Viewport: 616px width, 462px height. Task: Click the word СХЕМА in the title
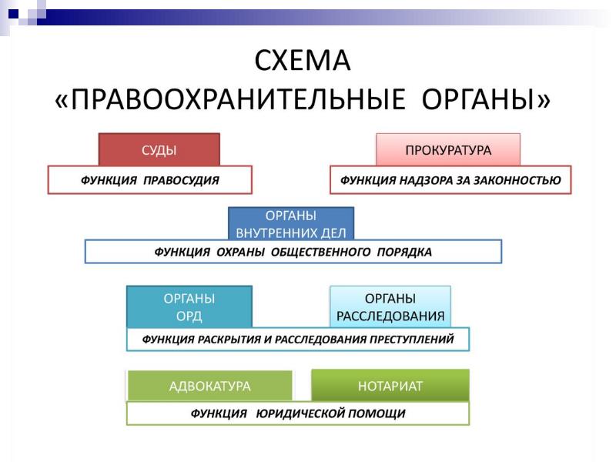[x=302, y=61]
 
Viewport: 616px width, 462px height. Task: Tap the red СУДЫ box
[x=159, y=149]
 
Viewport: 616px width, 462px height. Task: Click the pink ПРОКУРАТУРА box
[x=448, y=149]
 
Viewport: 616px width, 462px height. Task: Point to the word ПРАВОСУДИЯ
[x=181, y=180]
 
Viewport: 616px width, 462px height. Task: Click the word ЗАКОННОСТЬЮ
[x=517, y=180]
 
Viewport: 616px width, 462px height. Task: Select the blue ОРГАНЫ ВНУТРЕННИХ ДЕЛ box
[x=291, y=223]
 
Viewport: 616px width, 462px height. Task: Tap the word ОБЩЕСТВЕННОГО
[x=320, y=252]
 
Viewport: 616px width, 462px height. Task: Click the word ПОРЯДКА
[x=404, y=252]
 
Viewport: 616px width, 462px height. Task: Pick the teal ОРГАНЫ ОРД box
[x=189, y=306]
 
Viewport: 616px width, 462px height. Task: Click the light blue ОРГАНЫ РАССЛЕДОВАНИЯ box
[x=390, y=306]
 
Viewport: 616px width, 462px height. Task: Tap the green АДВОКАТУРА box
[x=209, y=386]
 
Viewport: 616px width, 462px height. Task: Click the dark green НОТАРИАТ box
[x=390, y=386]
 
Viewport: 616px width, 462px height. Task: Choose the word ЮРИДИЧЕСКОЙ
[x=299, y=413]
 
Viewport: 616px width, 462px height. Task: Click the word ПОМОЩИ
[x=377, y=413]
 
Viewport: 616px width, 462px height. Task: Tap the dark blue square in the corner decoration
[x=13, y=14]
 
